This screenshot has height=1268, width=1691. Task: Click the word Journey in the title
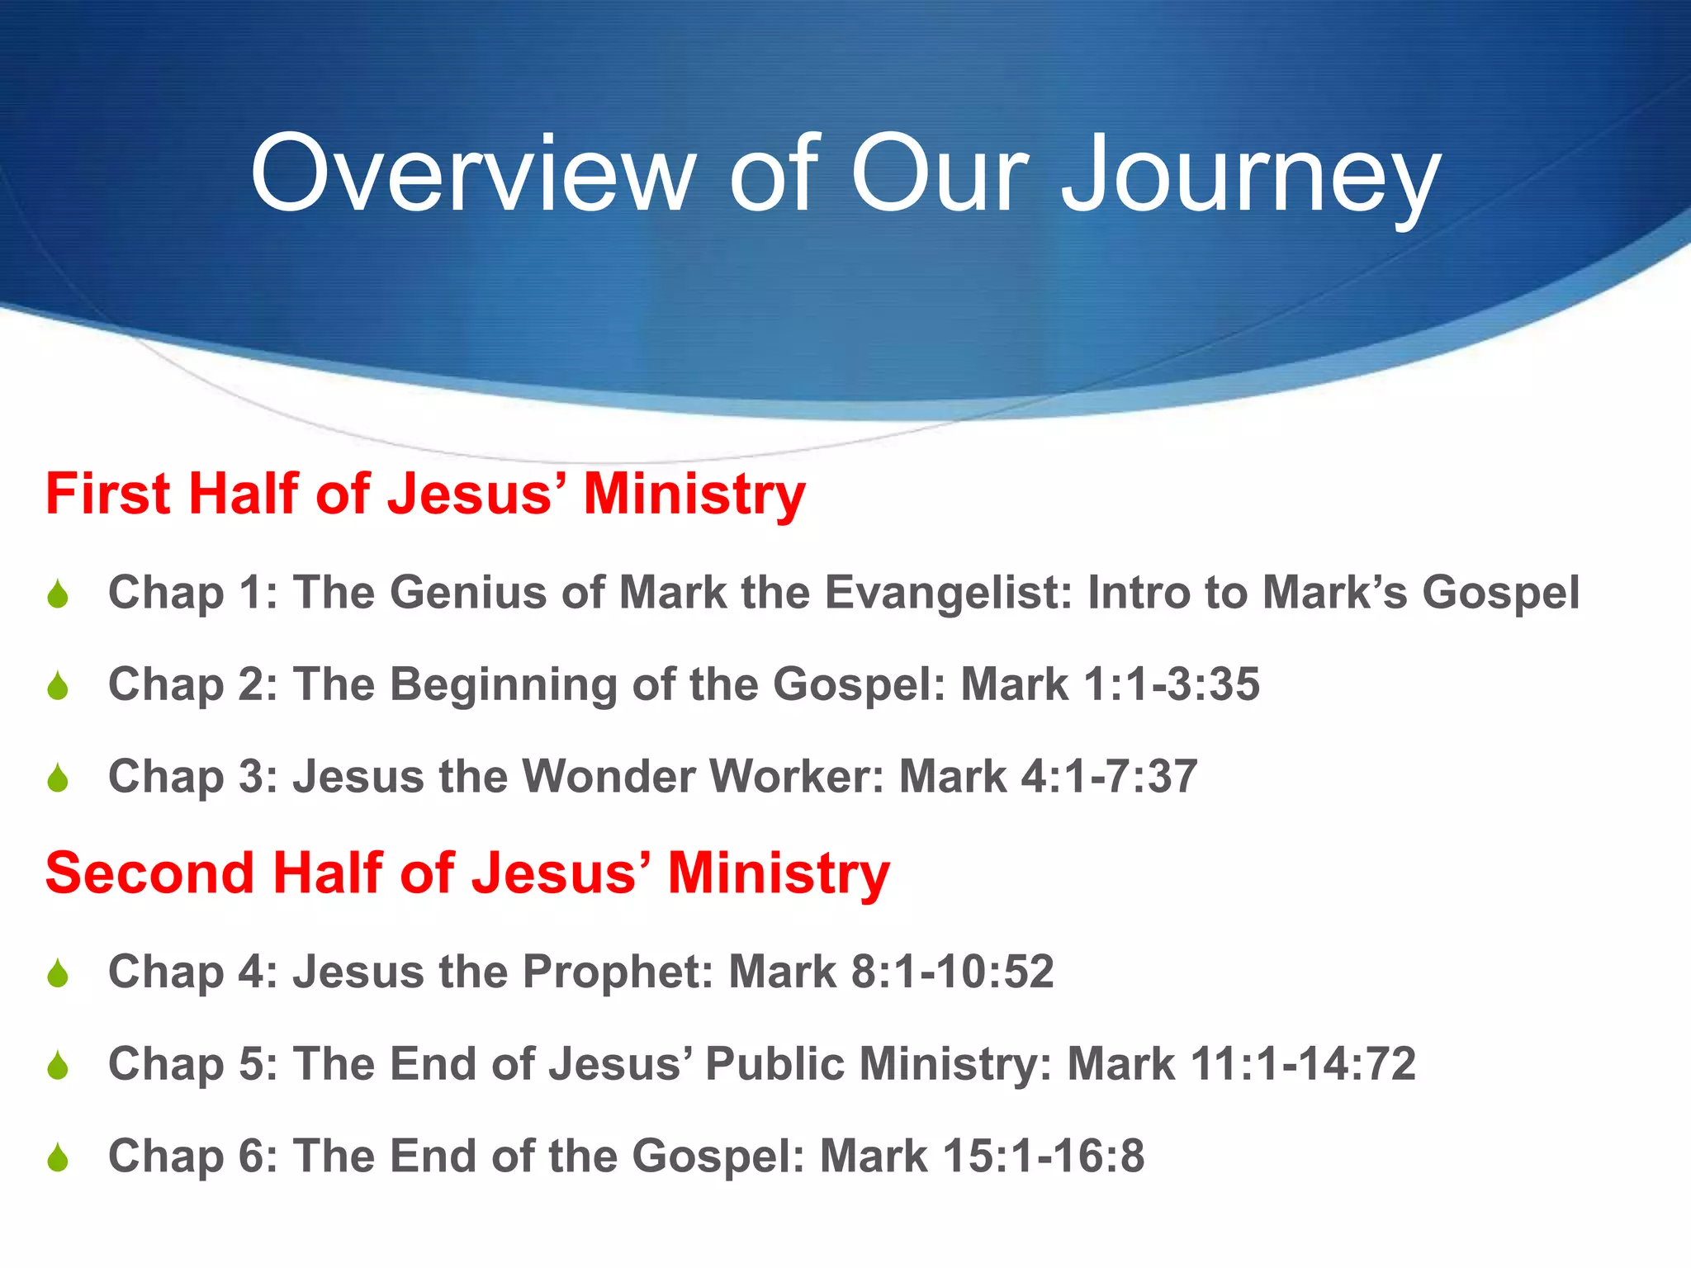[1250, 177]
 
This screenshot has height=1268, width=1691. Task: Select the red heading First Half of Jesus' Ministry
[425, 494]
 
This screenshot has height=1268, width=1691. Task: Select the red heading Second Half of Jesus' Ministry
[467, 873]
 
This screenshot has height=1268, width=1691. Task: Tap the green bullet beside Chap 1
[58, 594]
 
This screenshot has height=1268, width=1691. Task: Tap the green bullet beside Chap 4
[58, 974]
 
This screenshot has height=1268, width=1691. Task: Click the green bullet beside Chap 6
[58, 1158]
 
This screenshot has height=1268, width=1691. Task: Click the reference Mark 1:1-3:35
[1110, 684]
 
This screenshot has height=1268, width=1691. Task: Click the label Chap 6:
[193, 1156]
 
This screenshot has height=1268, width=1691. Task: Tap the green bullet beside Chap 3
[58, 778]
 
